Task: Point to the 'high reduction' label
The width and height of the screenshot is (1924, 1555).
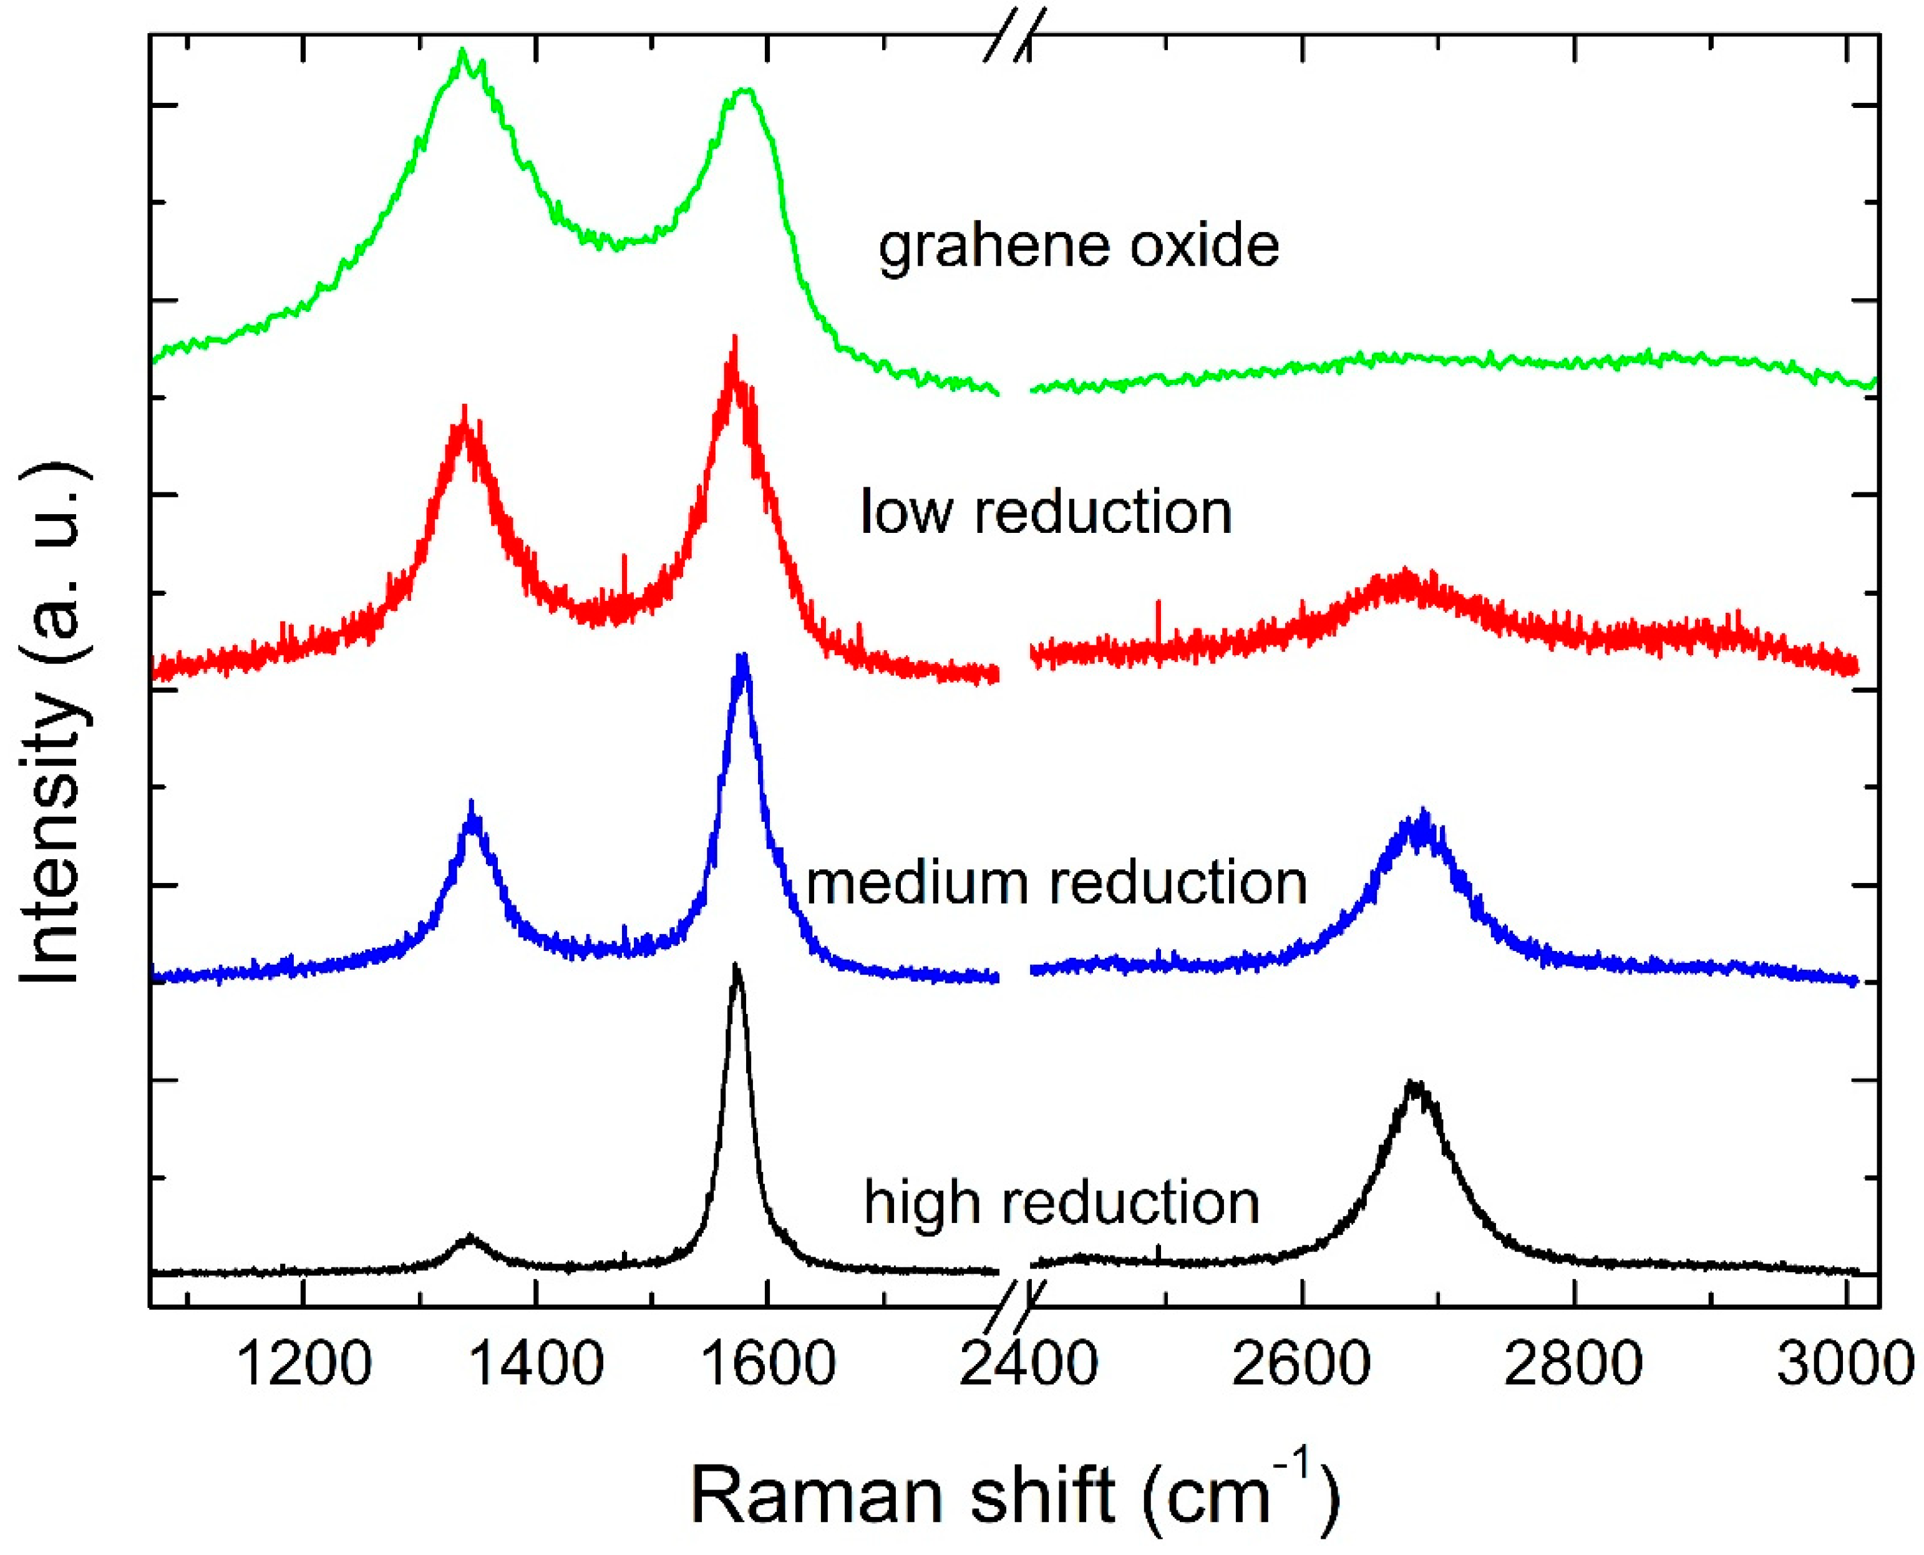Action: click(x=1061, y=1202)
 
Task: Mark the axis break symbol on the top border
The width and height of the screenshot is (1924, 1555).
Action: click(x=1015, y=36)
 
